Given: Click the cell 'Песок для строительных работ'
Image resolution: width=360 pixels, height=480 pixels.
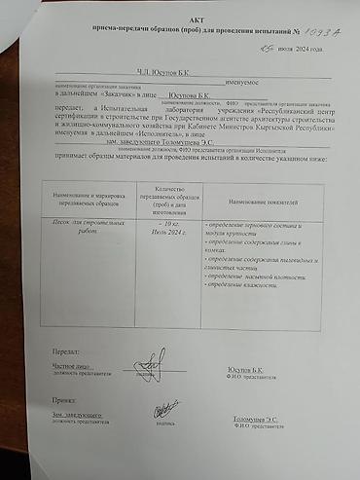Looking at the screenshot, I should click(73, 227).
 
